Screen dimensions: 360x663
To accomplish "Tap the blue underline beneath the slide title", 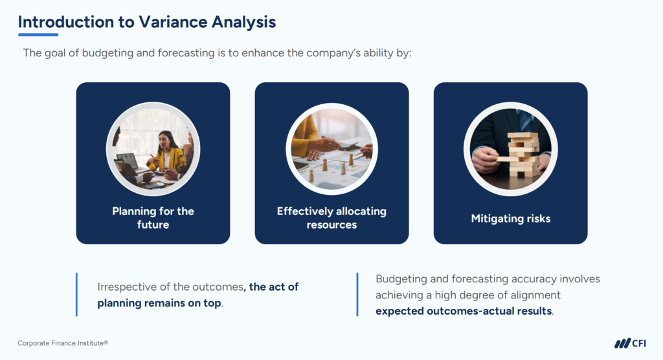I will (38, 34).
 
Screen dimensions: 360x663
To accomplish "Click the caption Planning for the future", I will (153, 218).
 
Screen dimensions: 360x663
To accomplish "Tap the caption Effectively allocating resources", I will (331, 218).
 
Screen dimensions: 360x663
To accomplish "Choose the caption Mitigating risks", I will (510, 218).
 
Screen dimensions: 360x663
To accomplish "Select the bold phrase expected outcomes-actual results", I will (464, 311).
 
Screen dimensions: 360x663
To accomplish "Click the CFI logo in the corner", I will (630, 343).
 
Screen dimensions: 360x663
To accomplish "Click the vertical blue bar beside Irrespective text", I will (76, 295).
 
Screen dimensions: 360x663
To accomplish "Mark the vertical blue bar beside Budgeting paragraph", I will (357, 295).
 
